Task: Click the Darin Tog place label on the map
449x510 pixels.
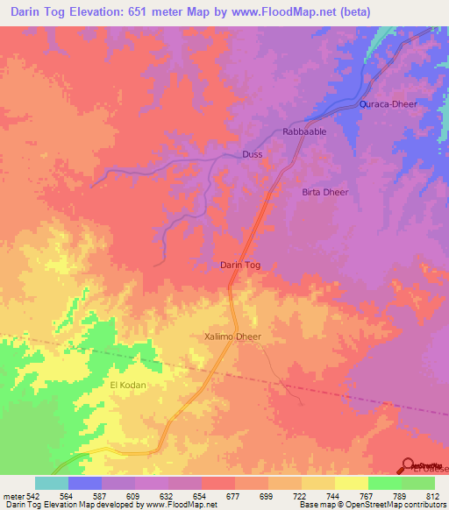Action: [239, 265]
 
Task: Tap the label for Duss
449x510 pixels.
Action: [252, 154]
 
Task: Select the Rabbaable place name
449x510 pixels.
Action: [304, 131]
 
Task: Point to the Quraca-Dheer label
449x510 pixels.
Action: [388, 104]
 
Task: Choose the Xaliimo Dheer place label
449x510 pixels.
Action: [232, 336]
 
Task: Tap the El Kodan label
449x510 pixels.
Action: [126, 385]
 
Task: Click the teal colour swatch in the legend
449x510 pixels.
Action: [51, 483]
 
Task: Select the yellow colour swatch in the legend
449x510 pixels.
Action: [351, 483]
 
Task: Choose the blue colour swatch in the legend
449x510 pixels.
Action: [84, 483]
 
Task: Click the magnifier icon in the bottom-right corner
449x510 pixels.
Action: [408, 464]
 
